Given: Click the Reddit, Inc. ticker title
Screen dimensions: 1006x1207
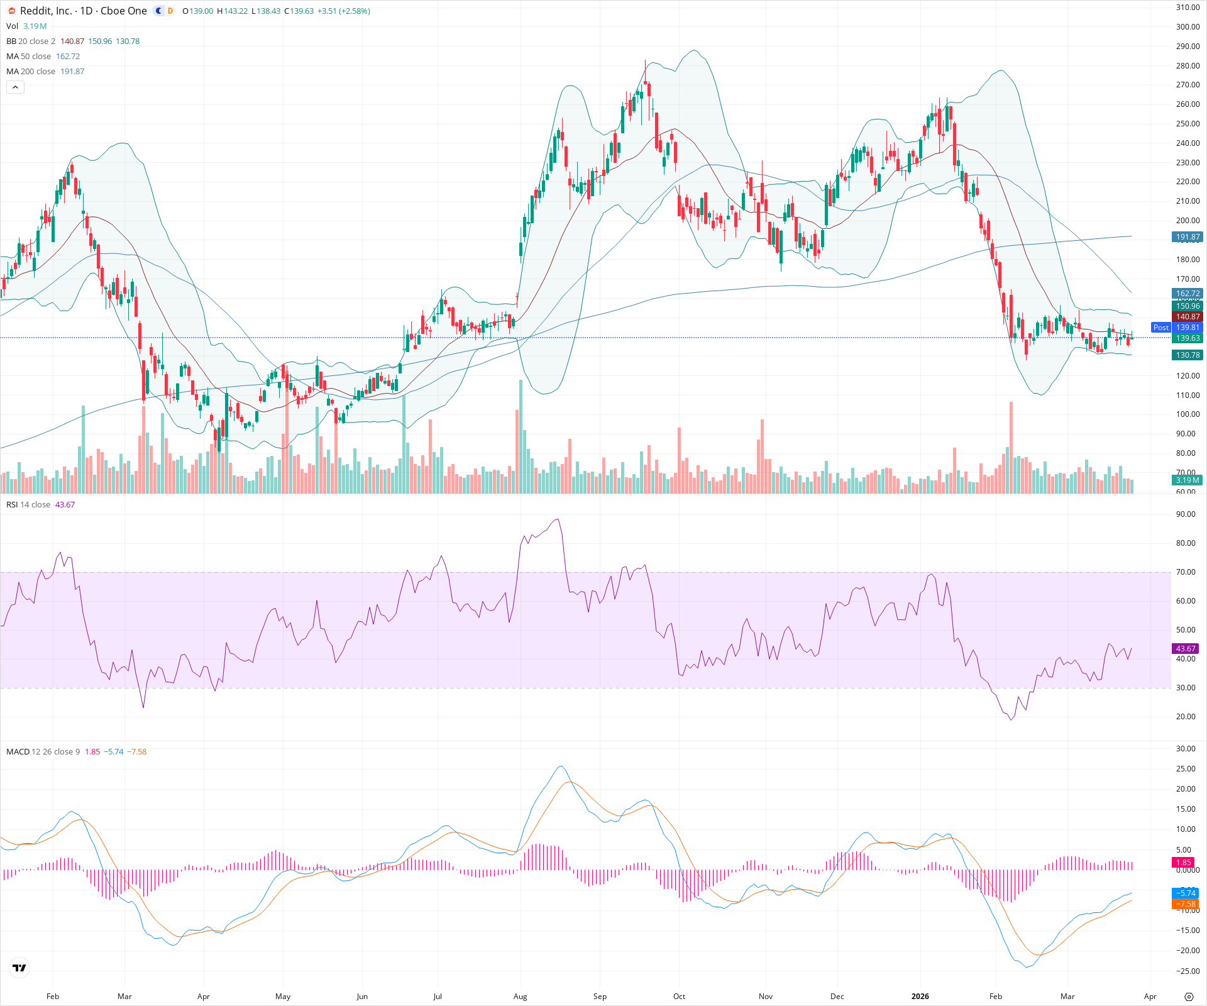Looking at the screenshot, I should (84, 11).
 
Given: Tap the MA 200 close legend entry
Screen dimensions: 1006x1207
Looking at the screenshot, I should (31, 72).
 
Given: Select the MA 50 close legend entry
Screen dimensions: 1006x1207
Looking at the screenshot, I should (29, 57).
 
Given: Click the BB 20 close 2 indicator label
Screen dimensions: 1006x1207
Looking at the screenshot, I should (31, 41).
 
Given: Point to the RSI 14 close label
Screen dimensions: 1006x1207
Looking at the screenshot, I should (28, 505).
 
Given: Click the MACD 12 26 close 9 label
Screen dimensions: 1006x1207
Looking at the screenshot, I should (43, 752).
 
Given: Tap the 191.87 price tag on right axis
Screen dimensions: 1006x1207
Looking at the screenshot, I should (1188, 237).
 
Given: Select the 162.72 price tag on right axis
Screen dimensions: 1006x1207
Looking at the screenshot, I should (1188, 294).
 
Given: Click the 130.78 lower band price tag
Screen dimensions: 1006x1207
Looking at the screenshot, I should (1188, 355).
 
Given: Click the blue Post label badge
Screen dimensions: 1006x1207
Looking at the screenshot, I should (1160, 328).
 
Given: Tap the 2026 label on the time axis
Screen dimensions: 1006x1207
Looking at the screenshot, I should (920, 997).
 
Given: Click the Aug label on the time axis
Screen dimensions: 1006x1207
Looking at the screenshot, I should (520, 997).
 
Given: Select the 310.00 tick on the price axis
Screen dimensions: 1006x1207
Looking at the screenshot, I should (1188, 8).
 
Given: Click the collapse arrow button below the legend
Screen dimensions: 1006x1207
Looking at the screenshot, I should (15, 87).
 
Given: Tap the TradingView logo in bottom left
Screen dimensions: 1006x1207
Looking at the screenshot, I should (19, 968).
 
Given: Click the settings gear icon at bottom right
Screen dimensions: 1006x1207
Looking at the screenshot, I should (1189, 997).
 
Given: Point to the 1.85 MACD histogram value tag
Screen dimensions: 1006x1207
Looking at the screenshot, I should (1183, 863).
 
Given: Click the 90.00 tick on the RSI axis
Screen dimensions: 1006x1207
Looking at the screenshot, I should (1186, 514).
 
